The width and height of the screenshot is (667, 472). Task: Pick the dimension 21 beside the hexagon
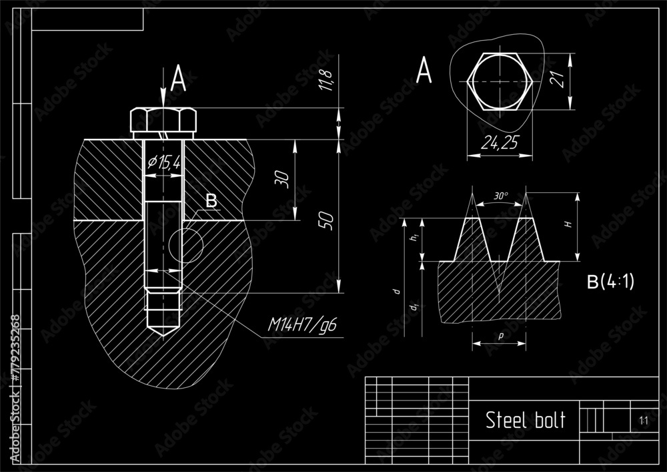click(x=560, y=81)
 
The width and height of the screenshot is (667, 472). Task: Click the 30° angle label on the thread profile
click(x=500, y=196)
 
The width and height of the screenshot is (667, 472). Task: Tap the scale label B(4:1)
click(x=610, y=282)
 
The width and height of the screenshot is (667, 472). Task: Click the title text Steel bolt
click(x=525, y=421)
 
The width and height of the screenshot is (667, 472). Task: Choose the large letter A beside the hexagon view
click(x=424, y=71)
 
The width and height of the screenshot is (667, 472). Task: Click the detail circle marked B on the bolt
click(x=185, y=247)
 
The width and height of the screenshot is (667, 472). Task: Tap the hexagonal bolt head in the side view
click(x=163, y=120)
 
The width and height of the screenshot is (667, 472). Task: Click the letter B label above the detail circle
click(x=211, y=201)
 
